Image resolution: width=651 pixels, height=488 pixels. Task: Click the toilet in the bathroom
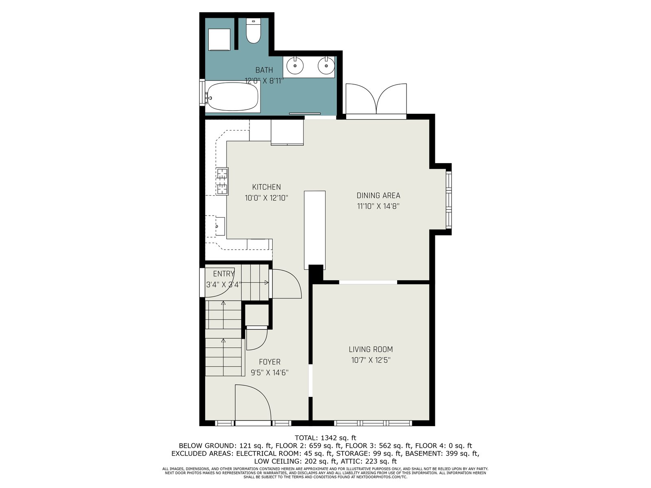(253, 31)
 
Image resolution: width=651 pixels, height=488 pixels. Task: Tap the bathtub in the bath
(232, 97)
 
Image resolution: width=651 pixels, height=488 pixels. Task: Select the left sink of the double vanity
(295, 66)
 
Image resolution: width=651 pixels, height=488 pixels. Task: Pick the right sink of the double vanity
(326, 66)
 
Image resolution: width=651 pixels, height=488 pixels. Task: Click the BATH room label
(264, 70)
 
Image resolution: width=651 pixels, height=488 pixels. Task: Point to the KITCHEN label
(267, 187)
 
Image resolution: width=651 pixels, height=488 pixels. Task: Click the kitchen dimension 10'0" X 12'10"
(267, 198)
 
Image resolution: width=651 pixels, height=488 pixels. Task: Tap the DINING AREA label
(378, 195)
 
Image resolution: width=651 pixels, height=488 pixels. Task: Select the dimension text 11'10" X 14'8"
(378, 206)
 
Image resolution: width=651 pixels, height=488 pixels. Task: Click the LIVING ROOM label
(371, 349)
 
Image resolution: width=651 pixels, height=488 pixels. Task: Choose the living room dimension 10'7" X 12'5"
(371, 360)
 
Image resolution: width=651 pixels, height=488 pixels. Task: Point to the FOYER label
(270, 362)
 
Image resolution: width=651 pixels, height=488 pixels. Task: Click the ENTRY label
(224, 273)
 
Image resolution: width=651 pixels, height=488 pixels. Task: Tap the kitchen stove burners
(223, 181)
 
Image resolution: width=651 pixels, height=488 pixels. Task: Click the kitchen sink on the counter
(220, 227)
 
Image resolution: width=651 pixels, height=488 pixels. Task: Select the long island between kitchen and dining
(315, 230)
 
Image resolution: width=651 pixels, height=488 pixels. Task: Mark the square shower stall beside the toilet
(219, 40)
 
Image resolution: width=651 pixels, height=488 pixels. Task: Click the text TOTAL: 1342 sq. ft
(325, 438)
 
